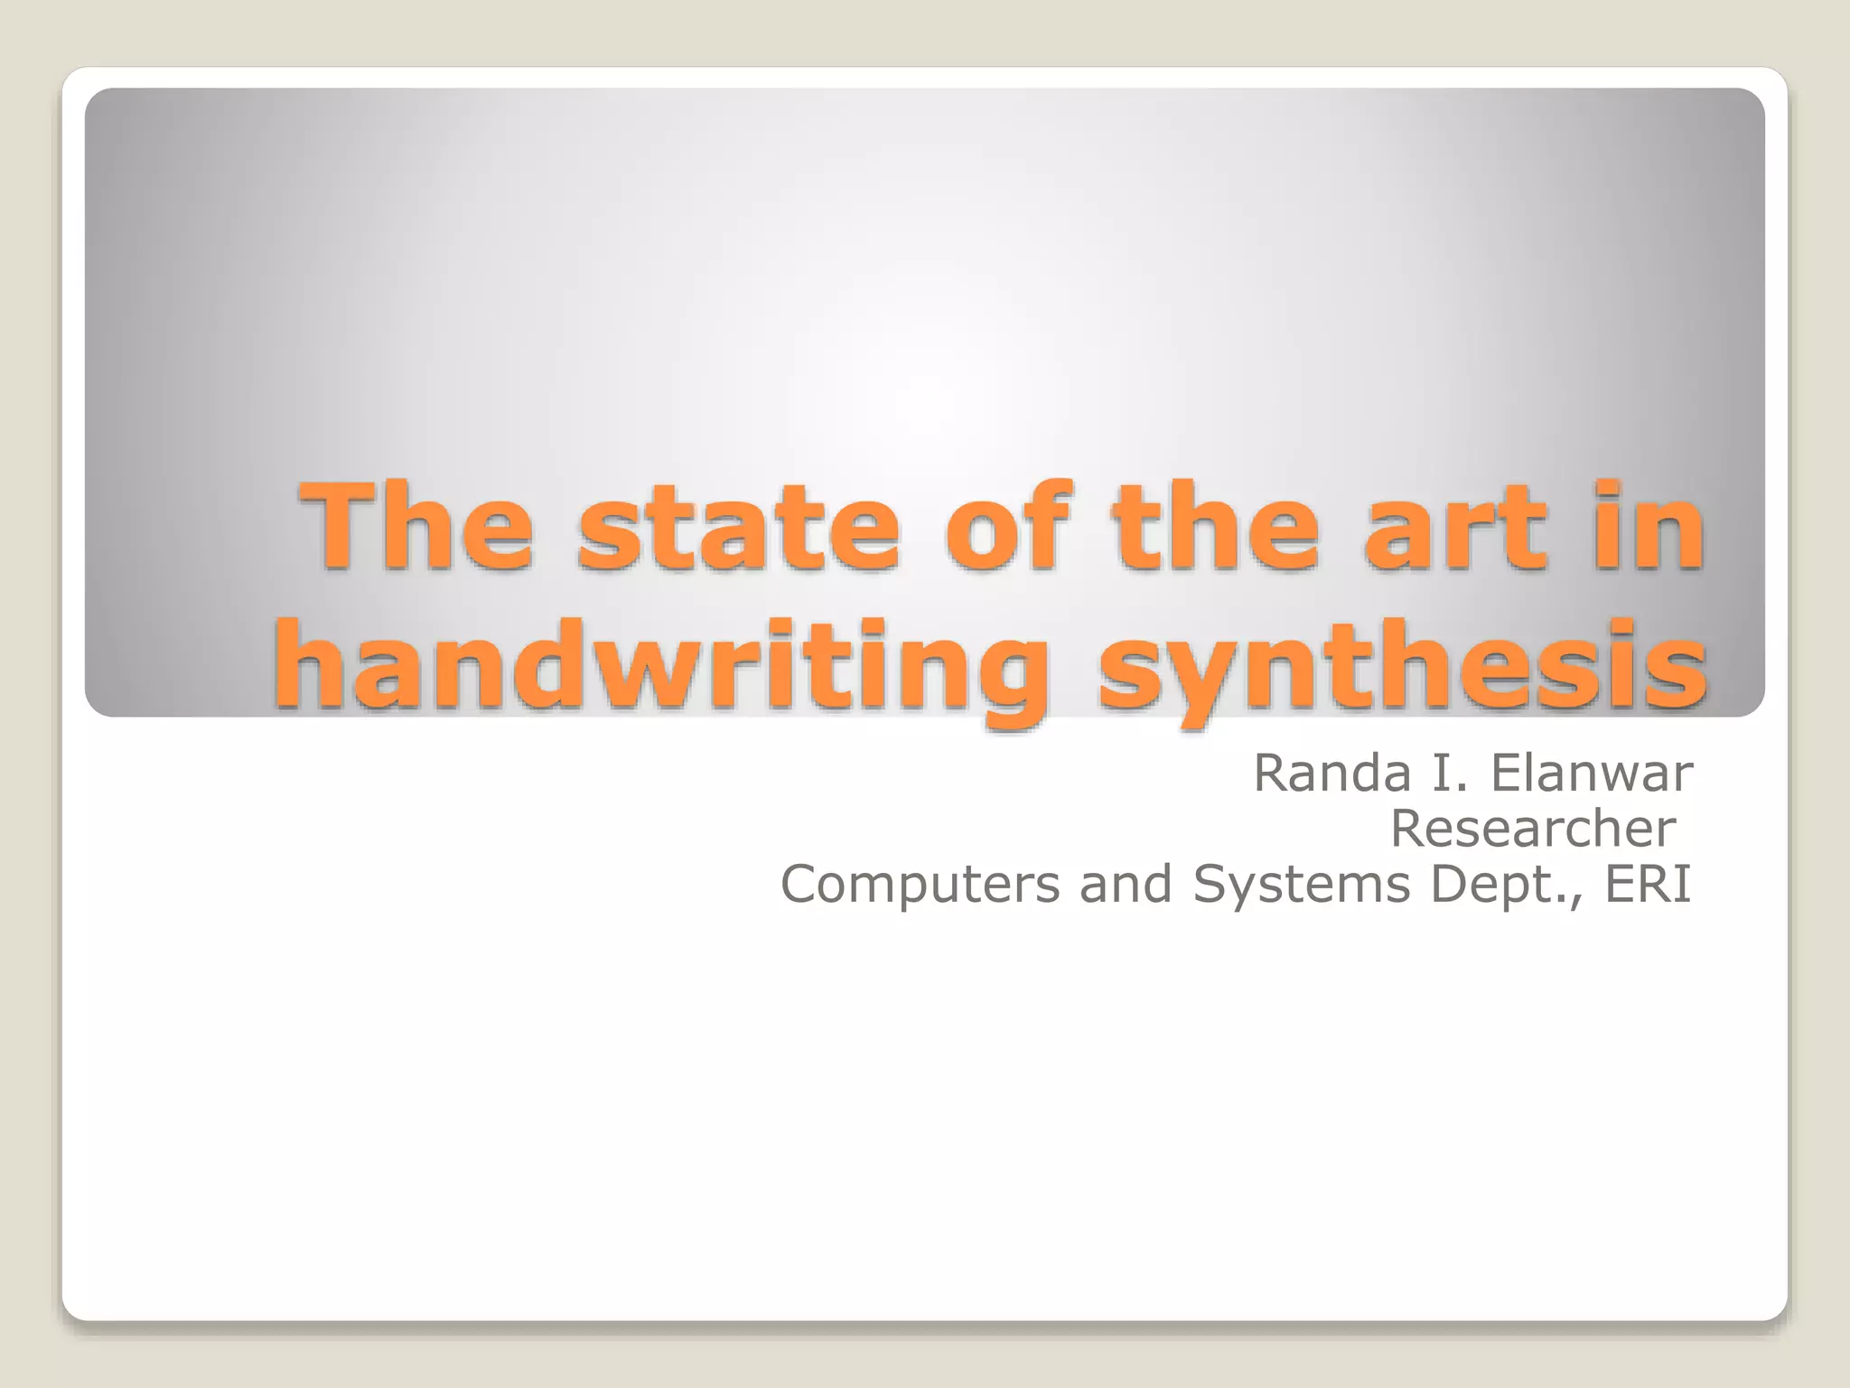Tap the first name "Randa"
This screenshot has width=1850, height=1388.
(1332, 774)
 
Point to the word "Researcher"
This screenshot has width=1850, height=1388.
(1532, 829)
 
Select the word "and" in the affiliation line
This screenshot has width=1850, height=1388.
(1126, 884)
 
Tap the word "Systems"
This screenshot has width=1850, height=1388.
(1301, 884)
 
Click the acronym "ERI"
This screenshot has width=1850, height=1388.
(1647, 884)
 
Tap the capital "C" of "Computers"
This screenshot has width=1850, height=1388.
(799, 884)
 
